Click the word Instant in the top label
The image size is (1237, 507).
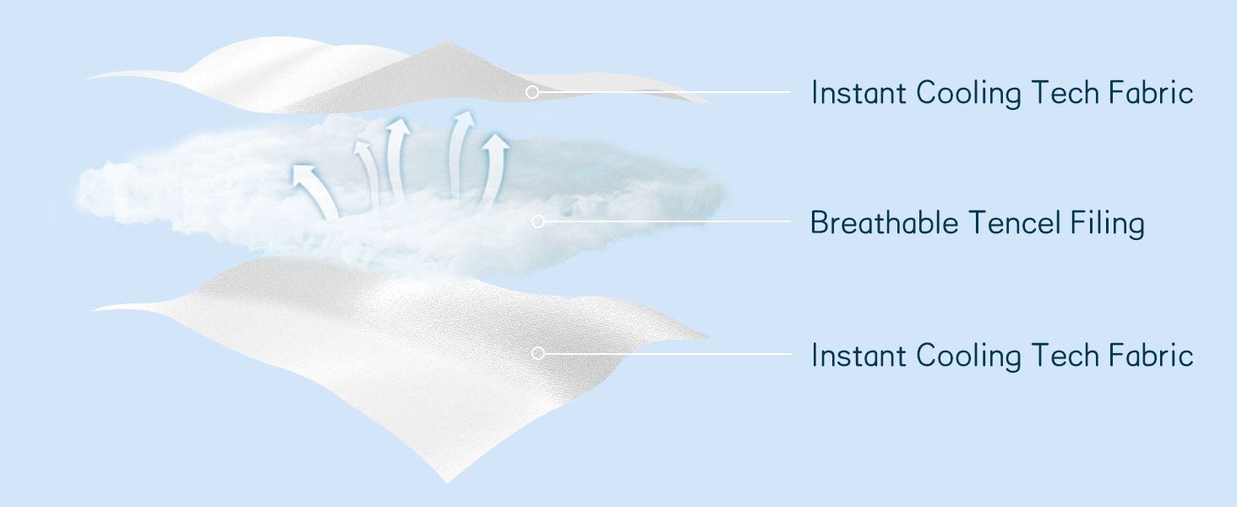coord(858,92)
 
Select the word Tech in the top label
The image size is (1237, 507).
coord(1065,92)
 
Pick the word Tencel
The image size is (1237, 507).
coord(1015,222)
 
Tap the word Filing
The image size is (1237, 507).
coord(1108,224)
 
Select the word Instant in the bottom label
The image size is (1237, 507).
coord(858,355)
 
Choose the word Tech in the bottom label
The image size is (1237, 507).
coord(1065,355)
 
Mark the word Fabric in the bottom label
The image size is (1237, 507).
coord(1151,354)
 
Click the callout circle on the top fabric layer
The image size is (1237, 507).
coord(531,91)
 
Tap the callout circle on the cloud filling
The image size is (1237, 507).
coord(538,221)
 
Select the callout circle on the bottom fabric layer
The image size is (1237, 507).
coord(538,353)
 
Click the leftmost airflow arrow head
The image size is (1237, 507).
coord(303,174)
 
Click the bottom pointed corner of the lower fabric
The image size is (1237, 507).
coord(447,482)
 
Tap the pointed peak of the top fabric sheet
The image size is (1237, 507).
coord(447,41)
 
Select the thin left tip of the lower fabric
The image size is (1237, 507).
coord(94,310)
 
